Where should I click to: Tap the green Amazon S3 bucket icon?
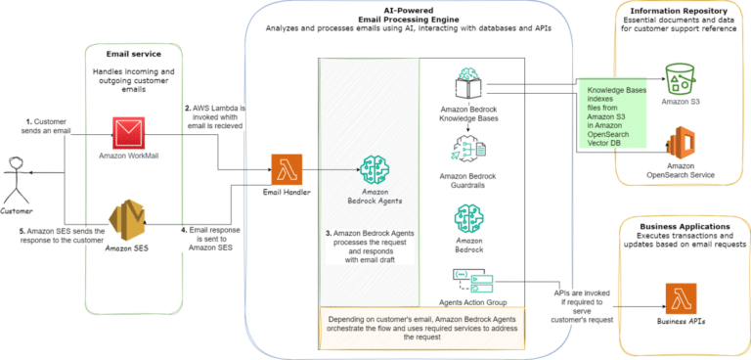point(679,72)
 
